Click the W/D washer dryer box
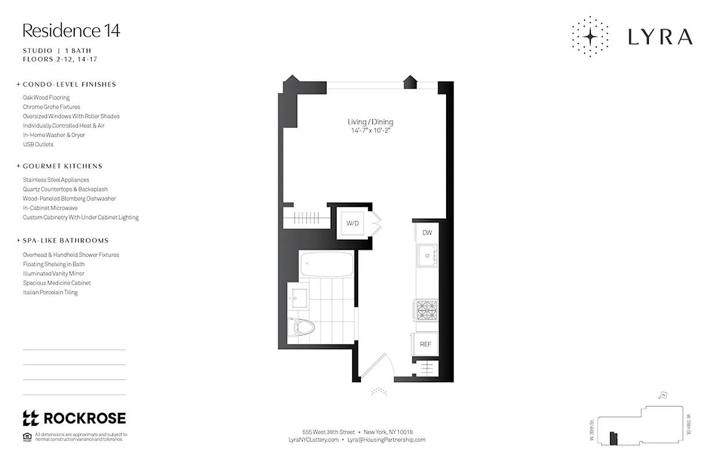pos(352,223)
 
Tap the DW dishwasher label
pos(427,233)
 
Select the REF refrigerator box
pos(426,344)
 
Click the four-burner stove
pos(426,310)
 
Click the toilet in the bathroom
pos(303,327)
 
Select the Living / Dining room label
pos(370,122)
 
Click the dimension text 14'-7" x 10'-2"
pos(370,130)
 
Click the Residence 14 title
pos(71,30)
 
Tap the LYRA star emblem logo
pos(590,37)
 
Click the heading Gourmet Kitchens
pos(62,166)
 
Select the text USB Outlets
pos(38,144)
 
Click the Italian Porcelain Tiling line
pos(50,292)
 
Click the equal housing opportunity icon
pos(27,436)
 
